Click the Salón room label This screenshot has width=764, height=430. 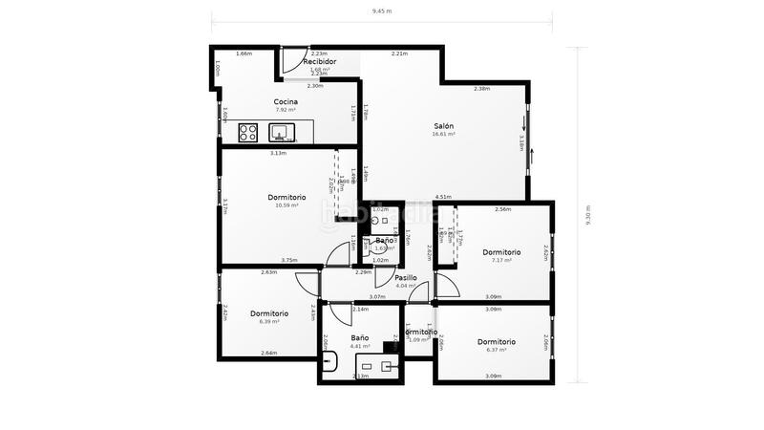coord(443,126)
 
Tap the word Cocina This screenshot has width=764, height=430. coord(286,101)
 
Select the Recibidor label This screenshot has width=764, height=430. coord(319,60)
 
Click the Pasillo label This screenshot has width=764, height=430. coord(406,277)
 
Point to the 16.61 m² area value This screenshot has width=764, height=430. coord(443,135)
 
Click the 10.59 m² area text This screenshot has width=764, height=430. coord(286,205)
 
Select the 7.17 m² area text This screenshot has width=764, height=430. coord(500,260)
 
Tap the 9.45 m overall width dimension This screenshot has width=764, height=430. coord(381,11)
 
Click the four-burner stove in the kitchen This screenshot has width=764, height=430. coord(248,132)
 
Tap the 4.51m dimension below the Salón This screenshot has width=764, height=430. coord(443,197)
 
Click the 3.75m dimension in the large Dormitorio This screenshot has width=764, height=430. coord(289,260)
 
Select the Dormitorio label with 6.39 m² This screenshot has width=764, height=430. coord(269,312)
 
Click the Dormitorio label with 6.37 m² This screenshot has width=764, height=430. coord(497,341)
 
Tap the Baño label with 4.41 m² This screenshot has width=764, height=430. coord(360,337)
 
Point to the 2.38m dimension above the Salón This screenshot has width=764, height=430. coord(482,89)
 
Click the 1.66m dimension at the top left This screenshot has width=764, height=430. coord(244,54)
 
